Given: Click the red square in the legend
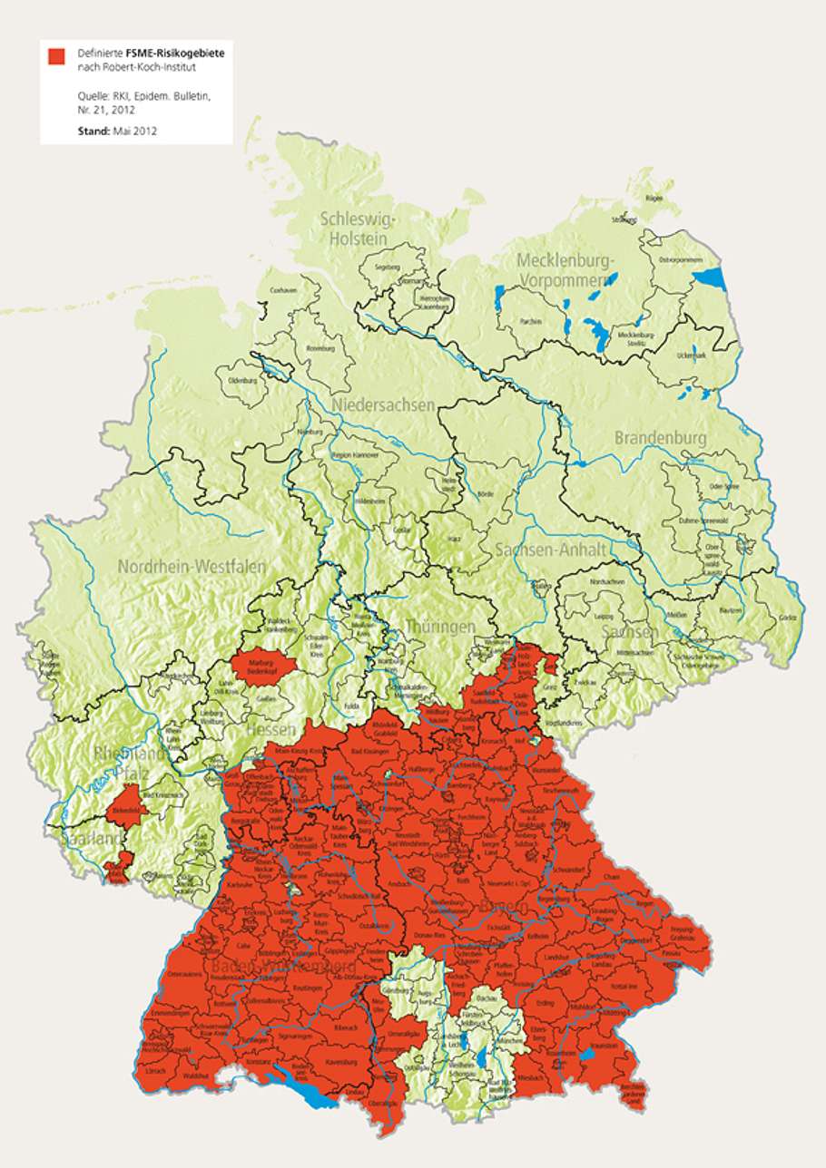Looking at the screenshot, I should (x=56, y=56).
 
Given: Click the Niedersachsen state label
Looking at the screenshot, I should (x=382, y=404).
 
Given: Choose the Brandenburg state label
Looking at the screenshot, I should (x=660, y=438).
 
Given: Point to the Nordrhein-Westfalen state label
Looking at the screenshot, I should (x=192, y=567).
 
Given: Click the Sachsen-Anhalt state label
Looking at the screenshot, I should (x=542, y=550).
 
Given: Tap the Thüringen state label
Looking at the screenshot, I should (x=440, y=627).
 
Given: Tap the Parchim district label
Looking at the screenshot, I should (x=532, y=321).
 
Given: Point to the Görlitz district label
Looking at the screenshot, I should (x=786, y=617).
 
